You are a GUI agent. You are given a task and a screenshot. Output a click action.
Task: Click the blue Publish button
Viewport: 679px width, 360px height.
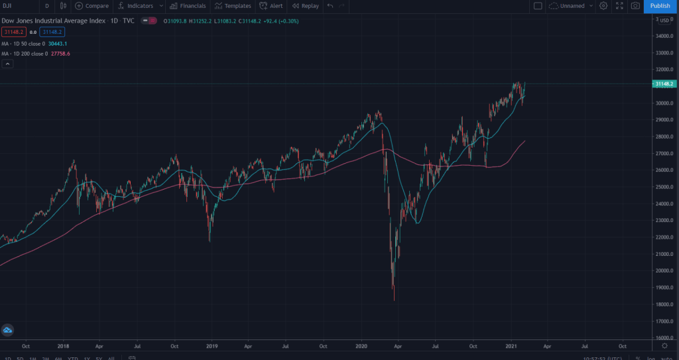660,6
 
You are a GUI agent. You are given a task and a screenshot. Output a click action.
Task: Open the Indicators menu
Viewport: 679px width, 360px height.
135,6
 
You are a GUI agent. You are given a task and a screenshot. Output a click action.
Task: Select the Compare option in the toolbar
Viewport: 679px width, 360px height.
92,6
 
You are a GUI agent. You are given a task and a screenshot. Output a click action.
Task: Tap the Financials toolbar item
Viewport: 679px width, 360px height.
188,6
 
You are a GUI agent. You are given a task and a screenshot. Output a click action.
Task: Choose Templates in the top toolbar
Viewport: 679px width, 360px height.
233,6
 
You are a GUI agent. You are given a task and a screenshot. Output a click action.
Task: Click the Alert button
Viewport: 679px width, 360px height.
271,6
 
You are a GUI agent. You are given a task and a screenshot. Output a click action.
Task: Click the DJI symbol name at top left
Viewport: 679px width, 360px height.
7,6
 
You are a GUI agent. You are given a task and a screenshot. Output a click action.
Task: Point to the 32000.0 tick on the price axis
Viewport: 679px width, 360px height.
663,70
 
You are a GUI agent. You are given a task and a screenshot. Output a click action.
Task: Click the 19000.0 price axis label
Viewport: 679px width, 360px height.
663,288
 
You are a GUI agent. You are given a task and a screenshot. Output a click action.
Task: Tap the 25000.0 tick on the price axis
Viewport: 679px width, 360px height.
663,187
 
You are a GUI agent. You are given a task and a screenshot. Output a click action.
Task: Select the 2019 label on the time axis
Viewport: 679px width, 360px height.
212,346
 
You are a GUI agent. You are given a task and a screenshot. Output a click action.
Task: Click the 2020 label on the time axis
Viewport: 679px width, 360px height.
362,346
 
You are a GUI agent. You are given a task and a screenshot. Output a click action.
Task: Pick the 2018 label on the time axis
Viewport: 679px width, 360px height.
63,346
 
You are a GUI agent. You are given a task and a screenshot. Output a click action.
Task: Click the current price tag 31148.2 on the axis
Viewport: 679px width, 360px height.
664,84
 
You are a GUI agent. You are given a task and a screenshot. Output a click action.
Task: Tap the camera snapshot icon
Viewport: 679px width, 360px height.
635,6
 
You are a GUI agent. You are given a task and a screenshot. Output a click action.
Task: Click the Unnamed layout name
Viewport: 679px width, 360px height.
572,6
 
